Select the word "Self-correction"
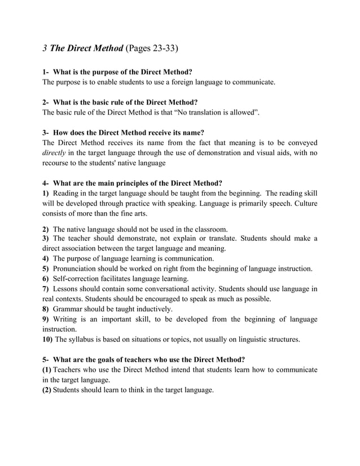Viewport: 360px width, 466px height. pyautogui.click(x=79, y=279)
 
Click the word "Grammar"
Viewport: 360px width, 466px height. pyautogui.click(x=68, y=309)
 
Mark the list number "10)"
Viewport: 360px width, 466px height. pyautogui.click(x=47, y=340)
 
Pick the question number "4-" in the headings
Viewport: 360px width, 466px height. pyautogui.click(x=46, y=183)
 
